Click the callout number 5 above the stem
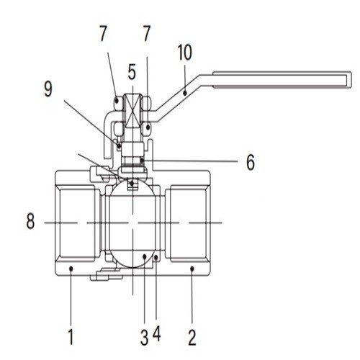pyautogui.click(x=132, y=72)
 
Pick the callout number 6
pyautogui.click(x=250, y=162)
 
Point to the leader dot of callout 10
pyautogui.click(x=184, y=92)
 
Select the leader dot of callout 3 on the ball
pyautogui.click(x=144, y=257)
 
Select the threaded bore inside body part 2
pyautogui.click(x=189, y=223)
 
